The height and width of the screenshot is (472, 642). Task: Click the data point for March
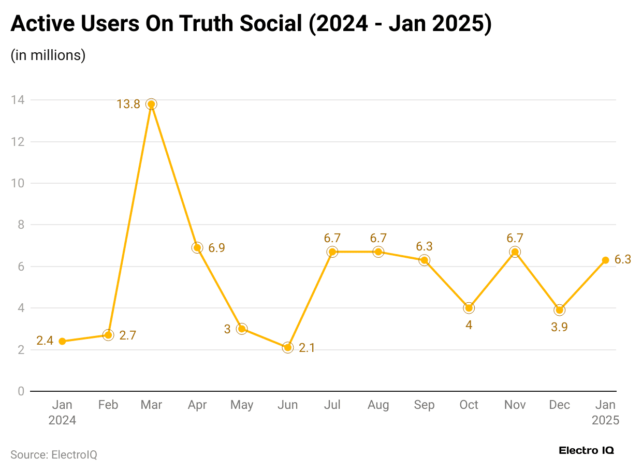151,104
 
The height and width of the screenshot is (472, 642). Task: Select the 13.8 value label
128,105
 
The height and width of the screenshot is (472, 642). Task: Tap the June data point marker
288,347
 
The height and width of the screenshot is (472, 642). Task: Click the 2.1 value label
307,348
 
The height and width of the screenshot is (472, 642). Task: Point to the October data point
469,308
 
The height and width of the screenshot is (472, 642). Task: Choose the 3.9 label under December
559,327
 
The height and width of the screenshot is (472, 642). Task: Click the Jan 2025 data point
605,260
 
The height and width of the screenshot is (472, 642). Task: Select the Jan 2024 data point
62,341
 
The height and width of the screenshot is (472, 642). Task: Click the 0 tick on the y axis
21,391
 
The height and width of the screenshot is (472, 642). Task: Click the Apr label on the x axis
197,405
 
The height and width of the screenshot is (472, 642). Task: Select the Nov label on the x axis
515,405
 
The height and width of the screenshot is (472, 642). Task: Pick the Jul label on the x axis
332,405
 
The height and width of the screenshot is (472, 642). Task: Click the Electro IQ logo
586,451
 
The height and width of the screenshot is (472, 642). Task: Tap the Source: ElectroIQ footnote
54,455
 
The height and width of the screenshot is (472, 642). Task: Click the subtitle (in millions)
48,55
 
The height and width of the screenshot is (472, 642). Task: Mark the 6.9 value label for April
216,248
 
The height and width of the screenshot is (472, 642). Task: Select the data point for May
242,329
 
